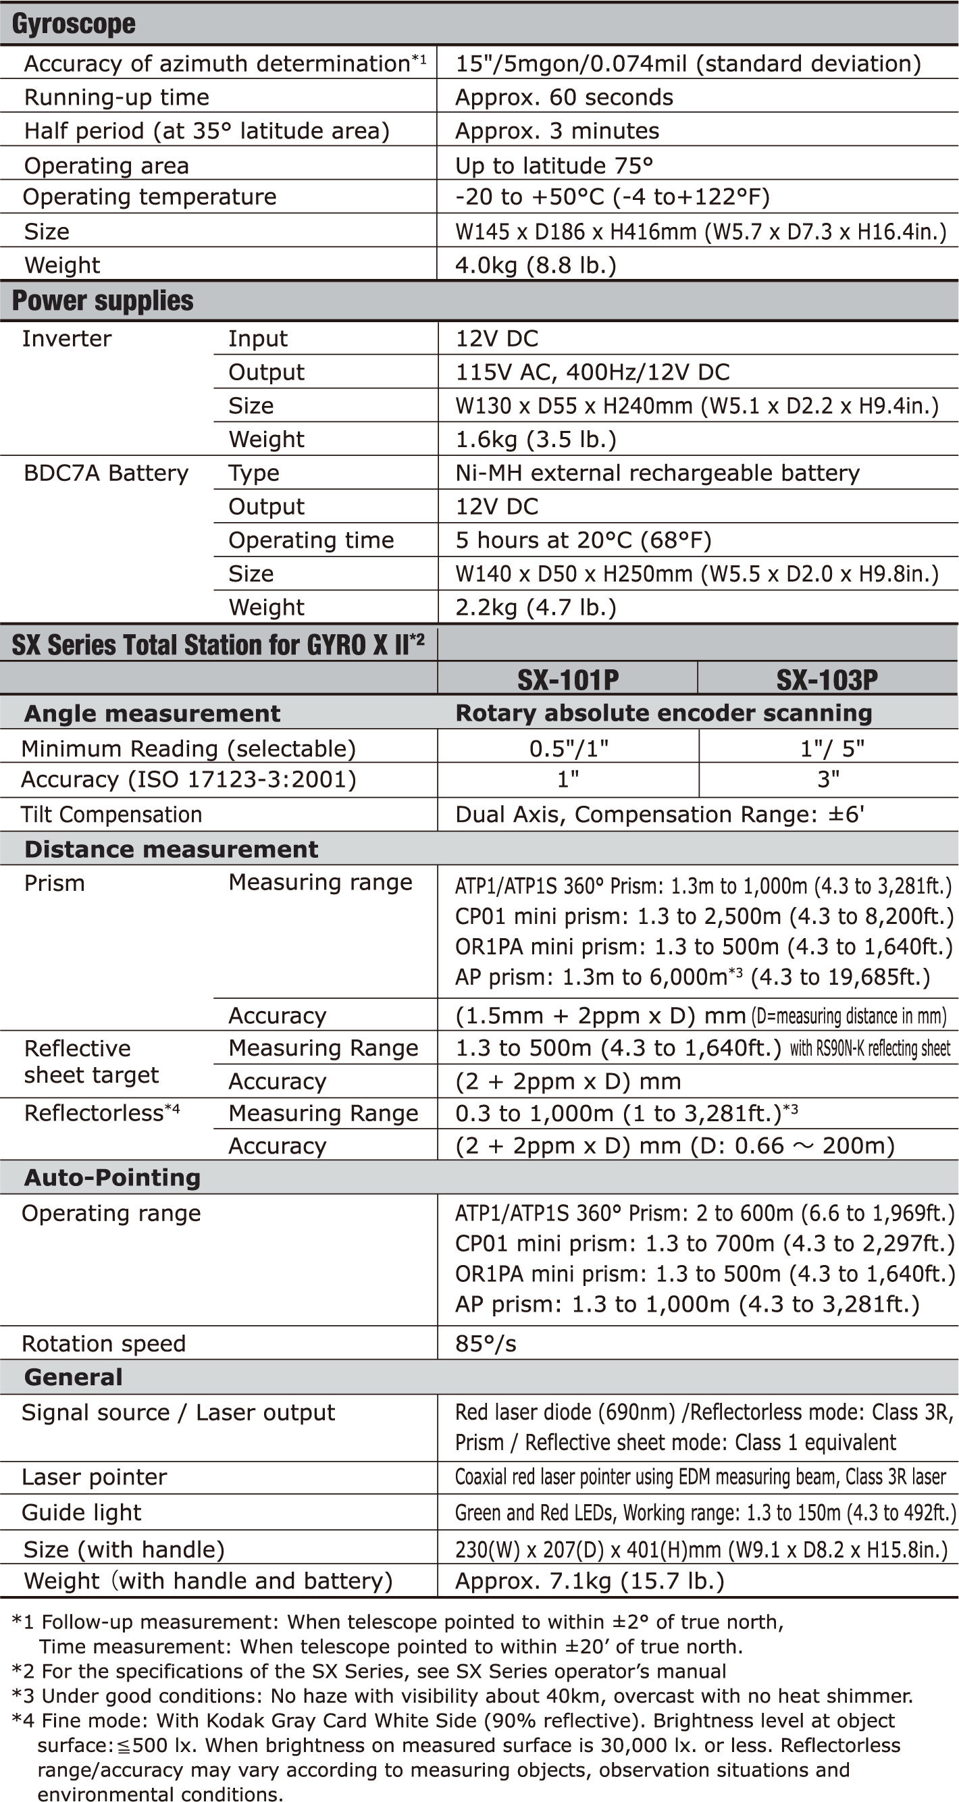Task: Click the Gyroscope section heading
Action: click(x=74, y=24)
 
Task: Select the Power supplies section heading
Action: click(x=103, y=301)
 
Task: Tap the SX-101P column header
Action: click(x=567, y=679)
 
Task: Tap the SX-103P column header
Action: click(x=827, y=679)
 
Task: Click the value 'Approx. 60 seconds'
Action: click(x=564, y=97)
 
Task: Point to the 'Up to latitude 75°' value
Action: click(x=554, y=165)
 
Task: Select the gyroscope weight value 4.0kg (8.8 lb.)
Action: click(x=536, y=265)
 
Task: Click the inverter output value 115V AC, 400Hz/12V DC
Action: click(x=592, y=372)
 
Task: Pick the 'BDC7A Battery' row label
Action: click(x=106, y=473)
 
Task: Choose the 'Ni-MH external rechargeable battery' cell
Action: click(x=658, y=473)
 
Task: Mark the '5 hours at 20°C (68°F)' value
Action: click(x=584, y=540)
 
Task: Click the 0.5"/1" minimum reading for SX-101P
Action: click(x=568, y=748)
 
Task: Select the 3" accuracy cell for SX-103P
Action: click(x=828, y=779)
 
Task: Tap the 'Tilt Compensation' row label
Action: click(x=111, y=815)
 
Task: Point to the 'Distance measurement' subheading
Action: click(x=172, y=849)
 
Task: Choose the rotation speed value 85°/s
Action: click(x=486, y=1344)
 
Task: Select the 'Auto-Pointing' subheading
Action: click(x=113, y=1178)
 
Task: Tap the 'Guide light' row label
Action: click(x=82, y=1513)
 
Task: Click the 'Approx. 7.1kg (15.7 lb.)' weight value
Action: click(x=590, y=1581)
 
